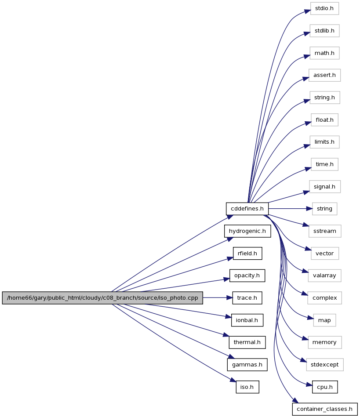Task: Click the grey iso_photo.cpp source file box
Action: click(102, 298)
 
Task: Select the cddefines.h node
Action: click(247, 209)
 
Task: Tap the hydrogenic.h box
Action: click(247, 231)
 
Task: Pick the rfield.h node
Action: click(247, 254)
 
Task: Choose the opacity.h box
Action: click(247, 276)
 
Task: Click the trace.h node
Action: click(247, 298)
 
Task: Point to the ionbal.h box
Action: click(247, 320)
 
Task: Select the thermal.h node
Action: click(247, 342)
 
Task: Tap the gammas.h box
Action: click(247, 365)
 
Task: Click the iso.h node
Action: click(247, 387)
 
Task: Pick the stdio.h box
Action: click(324, 8)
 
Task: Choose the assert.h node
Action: click(324, 75)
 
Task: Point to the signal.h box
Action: click(324, 187)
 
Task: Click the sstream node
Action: click(325, 231)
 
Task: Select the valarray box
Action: click(324, 276)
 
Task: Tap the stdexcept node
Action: click(325, 365)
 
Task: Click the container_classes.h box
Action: click(325, 409)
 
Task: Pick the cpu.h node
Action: click(325, 387)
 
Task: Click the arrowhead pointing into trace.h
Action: click(229, 298)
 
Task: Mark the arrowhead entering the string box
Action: click(309, 209)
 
